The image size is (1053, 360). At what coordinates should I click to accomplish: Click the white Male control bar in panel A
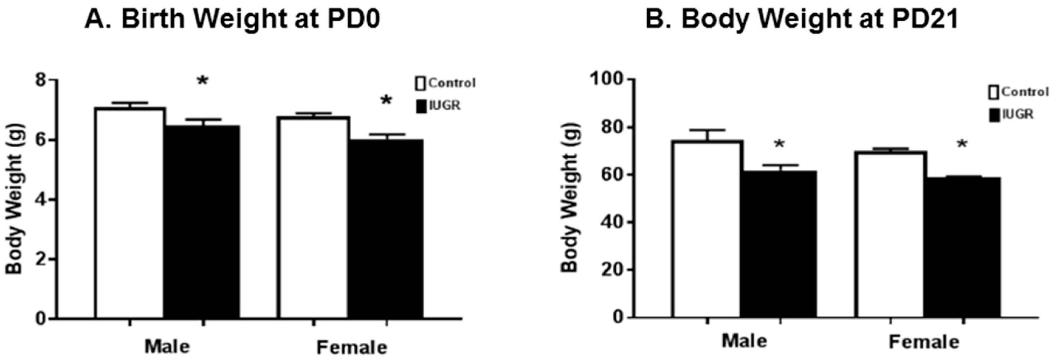tap(130, 212)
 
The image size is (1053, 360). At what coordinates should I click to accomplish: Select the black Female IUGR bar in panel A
tap(386, 229)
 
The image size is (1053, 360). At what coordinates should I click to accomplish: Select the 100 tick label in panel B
tap(605, 79)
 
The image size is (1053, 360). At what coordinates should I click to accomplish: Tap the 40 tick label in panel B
tap(610, 222)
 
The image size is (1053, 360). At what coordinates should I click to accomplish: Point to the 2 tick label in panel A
tap(41, 259)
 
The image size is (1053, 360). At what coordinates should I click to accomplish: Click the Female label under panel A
tap(352, 347)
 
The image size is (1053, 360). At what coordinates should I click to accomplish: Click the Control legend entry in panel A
tap(452, 83)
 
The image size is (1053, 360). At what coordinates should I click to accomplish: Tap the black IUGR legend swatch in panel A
tap(421, 106)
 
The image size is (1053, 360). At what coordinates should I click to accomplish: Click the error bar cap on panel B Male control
tap(707, 130)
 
